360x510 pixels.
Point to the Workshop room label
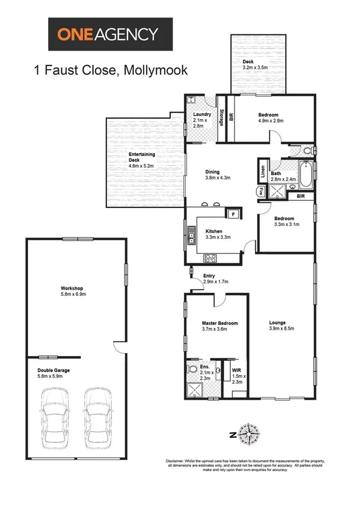pyautogui.click(x=71, y=291)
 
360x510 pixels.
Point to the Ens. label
pyautogui.click(x=205, y=367)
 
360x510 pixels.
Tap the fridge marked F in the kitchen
pyautogui.click(x=232, y=214)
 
